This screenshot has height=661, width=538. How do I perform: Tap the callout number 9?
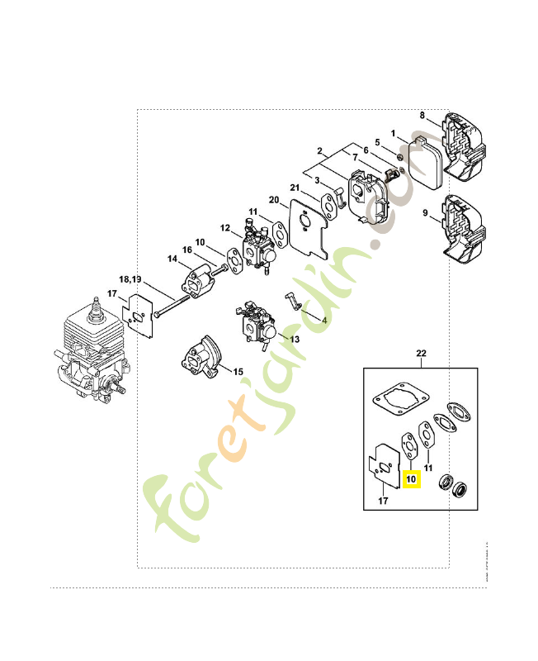pyautogui.click(x=426, y=213)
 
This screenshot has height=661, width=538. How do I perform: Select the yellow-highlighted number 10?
pyautogui.click(x=411, y=478)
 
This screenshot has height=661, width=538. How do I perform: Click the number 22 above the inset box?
pyautogui.click(x=421, y=354)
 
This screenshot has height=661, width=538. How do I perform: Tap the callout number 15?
pyautogui.click(x=238, y=372)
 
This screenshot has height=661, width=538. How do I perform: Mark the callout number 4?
pyautogui.click(x=324, y=319)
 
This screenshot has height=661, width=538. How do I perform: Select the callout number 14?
pyautogui.click(x=172, y=259)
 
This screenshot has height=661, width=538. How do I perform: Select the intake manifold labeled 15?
pyautogui.click(x=198, y=360)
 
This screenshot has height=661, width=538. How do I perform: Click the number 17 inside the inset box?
pyautogui.click(x=383, y=500)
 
